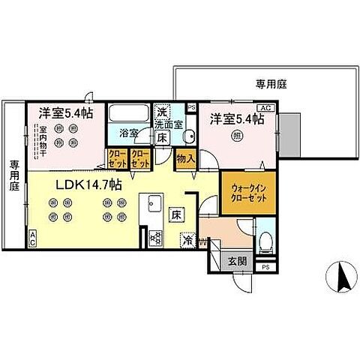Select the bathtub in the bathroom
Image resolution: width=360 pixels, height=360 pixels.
tap(128, 118)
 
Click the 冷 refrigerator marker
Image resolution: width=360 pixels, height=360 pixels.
tap(189, 241)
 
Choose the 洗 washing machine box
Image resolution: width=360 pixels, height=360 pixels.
tap(160, 110)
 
